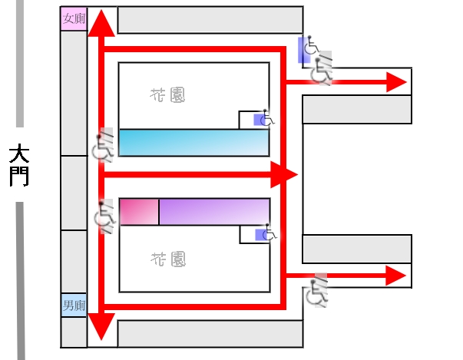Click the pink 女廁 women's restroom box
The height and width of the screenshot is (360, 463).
point(74,18)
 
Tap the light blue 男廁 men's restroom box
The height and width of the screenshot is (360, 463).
point(74,305)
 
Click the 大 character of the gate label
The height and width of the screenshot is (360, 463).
point(19,154)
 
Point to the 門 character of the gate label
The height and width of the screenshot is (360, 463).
point(19,177)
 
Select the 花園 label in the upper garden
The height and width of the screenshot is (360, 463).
point(167,95)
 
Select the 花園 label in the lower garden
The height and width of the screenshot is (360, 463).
point(168,259)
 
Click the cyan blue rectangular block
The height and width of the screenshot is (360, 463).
point(194,143)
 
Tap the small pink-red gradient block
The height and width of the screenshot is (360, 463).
point(139,212)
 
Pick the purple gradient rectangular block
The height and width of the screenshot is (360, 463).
point(215,212)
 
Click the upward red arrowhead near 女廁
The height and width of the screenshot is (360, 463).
point(101,24)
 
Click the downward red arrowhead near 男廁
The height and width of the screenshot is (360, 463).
point(101,326)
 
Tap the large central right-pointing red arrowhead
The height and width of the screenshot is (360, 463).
point(284,175)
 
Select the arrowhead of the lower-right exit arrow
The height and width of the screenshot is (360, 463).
point(396,276)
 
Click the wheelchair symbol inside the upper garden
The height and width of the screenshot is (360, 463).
point(264,119)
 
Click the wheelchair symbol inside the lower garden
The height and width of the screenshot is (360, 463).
point(266,233)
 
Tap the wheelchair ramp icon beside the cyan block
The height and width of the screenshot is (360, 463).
point(103,145)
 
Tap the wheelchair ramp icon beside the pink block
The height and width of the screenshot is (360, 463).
point(104,216)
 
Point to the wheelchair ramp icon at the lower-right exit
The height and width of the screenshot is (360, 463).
point(317,291)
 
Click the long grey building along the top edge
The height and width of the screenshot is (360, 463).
point(210,20)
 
